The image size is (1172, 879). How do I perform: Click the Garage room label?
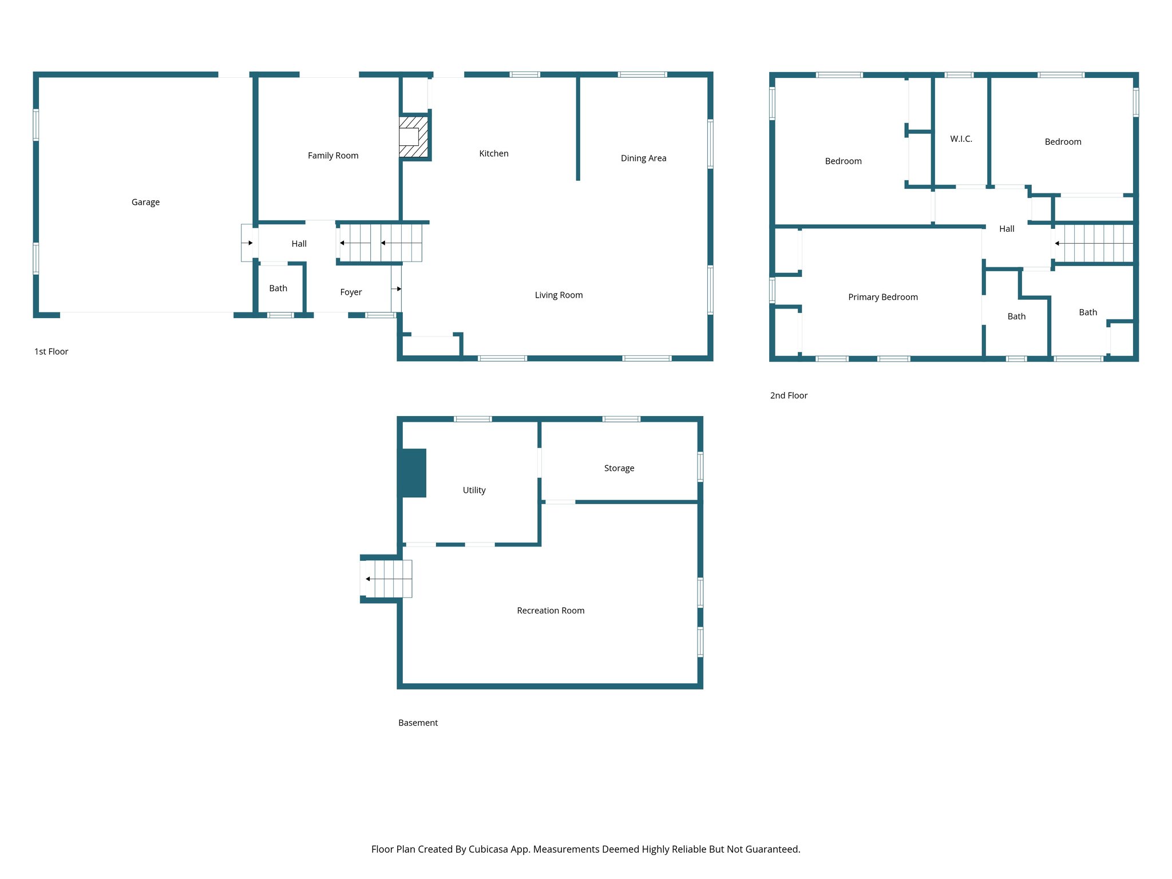point(145,202)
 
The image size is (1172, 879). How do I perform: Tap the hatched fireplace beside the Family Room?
point(414,137)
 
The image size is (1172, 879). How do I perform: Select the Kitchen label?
point(493,153)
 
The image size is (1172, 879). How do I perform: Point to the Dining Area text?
point(643,158)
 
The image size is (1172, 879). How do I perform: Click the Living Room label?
point(559,295)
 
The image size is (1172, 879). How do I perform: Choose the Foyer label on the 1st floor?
point(351,292)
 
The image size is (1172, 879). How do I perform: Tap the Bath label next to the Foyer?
point(278,288)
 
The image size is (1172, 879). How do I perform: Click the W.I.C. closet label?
point(961,138)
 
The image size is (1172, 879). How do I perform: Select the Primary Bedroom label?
point(882,297)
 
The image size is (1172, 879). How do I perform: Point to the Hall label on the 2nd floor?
point(1006,229)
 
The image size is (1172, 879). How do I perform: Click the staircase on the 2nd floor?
point(1093,243)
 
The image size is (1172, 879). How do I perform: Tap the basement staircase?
point(388,579)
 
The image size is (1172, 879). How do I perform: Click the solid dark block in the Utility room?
point(413,473)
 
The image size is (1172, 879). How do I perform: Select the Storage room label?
point(619,468)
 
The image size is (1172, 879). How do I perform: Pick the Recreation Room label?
point(551,611)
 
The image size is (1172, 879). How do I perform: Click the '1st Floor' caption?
point(51,351)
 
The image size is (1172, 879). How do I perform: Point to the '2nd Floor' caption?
point(788,395)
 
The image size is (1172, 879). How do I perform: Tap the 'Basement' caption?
point(418,723)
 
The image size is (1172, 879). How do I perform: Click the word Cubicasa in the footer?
point(488,849)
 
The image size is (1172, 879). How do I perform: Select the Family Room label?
point(332,156)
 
